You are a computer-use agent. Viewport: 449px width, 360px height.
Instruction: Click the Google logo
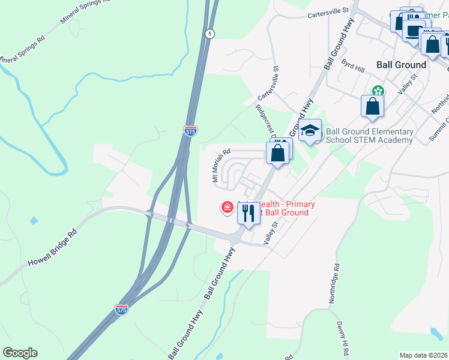(20, 353)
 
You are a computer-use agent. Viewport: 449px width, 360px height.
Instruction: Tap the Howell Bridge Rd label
(52, 248)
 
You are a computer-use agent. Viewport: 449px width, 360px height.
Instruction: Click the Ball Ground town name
(401, 65)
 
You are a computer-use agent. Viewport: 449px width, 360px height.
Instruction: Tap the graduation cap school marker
(310, 131)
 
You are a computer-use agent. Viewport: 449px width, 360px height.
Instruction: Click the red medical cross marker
(228, 208)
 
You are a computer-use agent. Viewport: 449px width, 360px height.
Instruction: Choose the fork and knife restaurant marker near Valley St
(247, 212)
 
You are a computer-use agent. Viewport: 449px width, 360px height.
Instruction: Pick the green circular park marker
(378, 91)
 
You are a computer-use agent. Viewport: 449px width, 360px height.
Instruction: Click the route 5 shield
(209, 34)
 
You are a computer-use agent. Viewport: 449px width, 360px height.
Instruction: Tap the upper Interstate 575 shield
(190, 130)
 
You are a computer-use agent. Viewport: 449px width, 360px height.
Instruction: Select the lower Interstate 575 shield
(121, 310)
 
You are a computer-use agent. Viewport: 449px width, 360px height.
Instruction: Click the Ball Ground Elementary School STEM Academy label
(369, 136)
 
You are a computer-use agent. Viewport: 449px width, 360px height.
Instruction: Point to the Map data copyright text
(423, 355)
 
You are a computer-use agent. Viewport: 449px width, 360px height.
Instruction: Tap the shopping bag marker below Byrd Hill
(372, 106)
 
